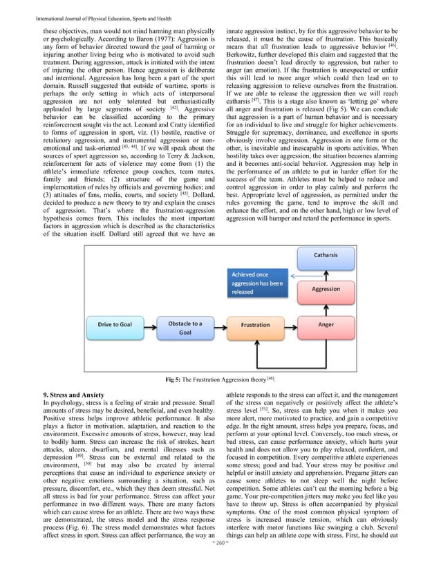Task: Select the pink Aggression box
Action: [327, 289]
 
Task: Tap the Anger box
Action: [327, 324]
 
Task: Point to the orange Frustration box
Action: [256, 324]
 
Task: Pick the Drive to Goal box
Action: [115, 324]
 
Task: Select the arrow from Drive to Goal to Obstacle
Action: [149, 324]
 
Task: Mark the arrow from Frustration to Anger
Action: [291, 324]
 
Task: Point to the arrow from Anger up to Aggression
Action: [327, 306]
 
